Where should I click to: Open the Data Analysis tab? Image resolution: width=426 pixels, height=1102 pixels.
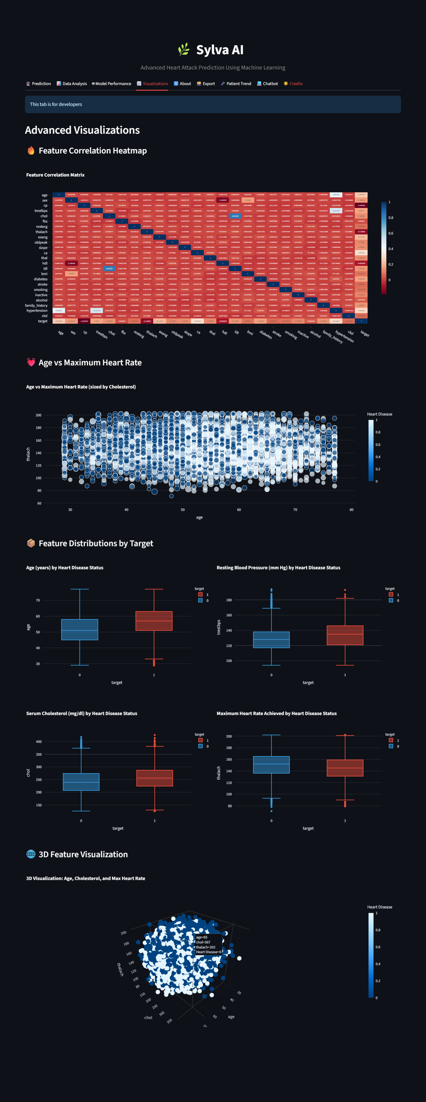(72, 84)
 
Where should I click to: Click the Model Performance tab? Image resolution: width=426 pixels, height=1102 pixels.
(112, 84)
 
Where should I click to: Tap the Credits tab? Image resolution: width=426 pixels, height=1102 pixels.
(293, 84)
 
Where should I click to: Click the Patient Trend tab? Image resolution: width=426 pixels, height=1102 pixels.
(236, 84)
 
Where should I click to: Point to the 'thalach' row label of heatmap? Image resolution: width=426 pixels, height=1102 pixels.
(41, 232)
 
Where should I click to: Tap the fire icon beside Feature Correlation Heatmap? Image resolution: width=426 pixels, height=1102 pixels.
(31, 151)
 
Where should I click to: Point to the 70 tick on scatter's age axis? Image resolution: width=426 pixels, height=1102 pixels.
(295, 510)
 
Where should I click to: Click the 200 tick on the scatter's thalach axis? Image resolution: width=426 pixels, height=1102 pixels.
(38, 415)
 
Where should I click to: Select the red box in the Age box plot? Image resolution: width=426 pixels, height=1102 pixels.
(154, 621)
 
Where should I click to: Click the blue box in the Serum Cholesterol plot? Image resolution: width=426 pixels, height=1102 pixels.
(81, 781)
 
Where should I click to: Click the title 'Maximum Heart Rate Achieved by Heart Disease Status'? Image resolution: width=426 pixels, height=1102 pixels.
(276, 714)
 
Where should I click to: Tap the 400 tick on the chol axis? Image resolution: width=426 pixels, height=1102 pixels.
(38, 742)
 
